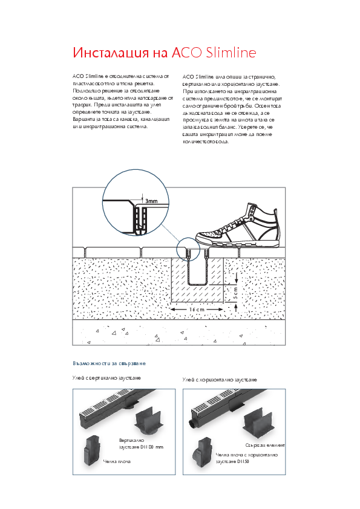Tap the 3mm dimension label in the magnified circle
tap(151, 200)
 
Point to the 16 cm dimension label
tap(197, 310)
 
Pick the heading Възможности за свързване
tap(109, 364)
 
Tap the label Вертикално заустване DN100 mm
tap(141, 444)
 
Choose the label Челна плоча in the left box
tap(117, 461)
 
